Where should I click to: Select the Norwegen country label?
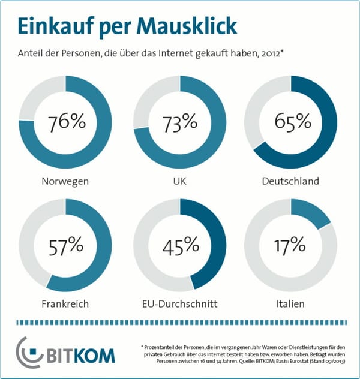(65, 181)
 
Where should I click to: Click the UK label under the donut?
(180, 181)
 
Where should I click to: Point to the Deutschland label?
(292, 181)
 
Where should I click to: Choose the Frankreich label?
(65, 303)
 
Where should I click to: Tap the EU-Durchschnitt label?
(180, 303)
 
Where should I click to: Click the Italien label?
(292, 303)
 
